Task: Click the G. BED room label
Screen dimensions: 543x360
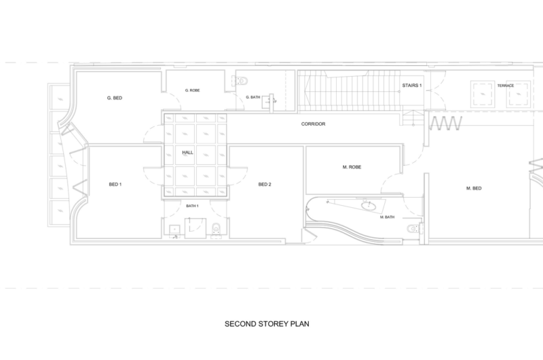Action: [x=115, y=98]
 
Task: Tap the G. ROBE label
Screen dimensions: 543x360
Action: [x=192, y=90]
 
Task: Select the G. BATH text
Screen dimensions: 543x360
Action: [x=252, y=97]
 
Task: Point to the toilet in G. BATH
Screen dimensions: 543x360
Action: [x=242, y=81]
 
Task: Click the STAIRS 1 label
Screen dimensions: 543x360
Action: [x=412, y=85]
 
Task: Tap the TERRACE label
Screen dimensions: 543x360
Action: [x=506, y=86]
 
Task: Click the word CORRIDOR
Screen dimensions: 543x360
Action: [x=313, y=124]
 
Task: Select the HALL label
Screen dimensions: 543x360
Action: [x=188, y=152]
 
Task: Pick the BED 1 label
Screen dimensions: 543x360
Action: [x=115, y=184]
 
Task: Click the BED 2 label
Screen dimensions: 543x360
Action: [x=265, y=184]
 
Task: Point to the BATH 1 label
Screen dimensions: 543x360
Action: [x=192, y=206]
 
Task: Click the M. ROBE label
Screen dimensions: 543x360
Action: [x=352, y=167]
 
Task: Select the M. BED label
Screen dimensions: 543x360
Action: [x=474, y=188]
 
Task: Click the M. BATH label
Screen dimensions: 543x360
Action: [x=387, y=217]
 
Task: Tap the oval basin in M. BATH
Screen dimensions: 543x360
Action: [x=368, y=206]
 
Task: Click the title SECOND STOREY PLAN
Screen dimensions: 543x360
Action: [x=267, y=324]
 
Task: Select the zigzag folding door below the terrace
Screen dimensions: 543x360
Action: [x=446, y=124]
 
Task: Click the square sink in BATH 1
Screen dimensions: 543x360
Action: [x=174, y=230]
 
